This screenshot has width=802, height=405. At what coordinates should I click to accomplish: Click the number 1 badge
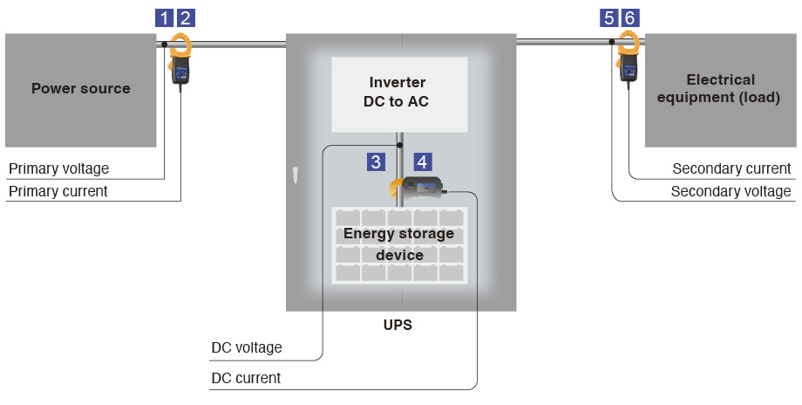point(164,17)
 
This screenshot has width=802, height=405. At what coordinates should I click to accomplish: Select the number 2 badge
point(186,17)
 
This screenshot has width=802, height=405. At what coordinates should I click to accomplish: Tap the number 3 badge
point(376,161)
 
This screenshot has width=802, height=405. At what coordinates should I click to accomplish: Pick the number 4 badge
point(422,161)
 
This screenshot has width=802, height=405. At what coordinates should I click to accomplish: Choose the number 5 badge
point(609,17)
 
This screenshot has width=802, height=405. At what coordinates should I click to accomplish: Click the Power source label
point(80,88)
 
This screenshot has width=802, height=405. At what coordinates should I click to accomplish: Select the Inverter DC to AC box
point(399,92)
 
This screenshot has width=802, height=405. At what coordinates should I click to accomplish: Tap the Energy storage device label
point(398,244)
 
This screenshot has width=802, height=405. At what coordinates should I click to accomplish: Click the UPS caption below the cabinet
point(398,325)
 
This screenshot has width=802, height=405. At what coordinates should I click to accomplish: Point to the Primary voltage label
point(58,168)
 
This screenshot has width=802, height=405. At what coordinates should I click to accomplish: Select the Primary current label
point(58,191)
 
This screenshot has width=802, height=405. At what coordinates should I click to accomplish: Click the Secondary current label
point(731,168)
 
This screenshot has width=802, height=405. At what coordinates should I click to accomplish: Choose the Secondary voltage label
point(731,191)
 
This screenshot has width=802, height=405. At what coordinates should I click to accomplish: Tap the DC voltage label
point(247,347)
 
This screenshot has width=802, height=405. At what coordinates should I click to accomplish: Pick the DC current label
point(246,378)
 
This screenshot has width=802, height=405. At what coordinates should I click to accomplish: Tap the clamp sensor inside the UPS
point(417,186)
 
